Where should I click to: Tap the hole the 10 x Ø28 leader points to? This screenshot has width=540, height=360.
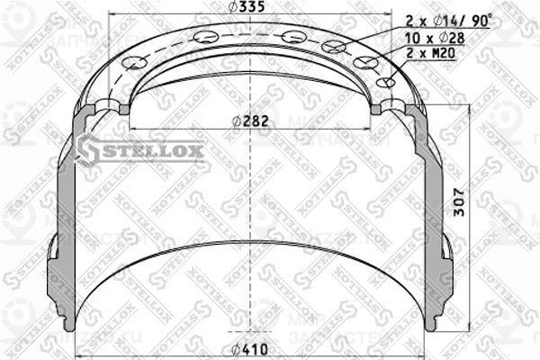tap(366, 63)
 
